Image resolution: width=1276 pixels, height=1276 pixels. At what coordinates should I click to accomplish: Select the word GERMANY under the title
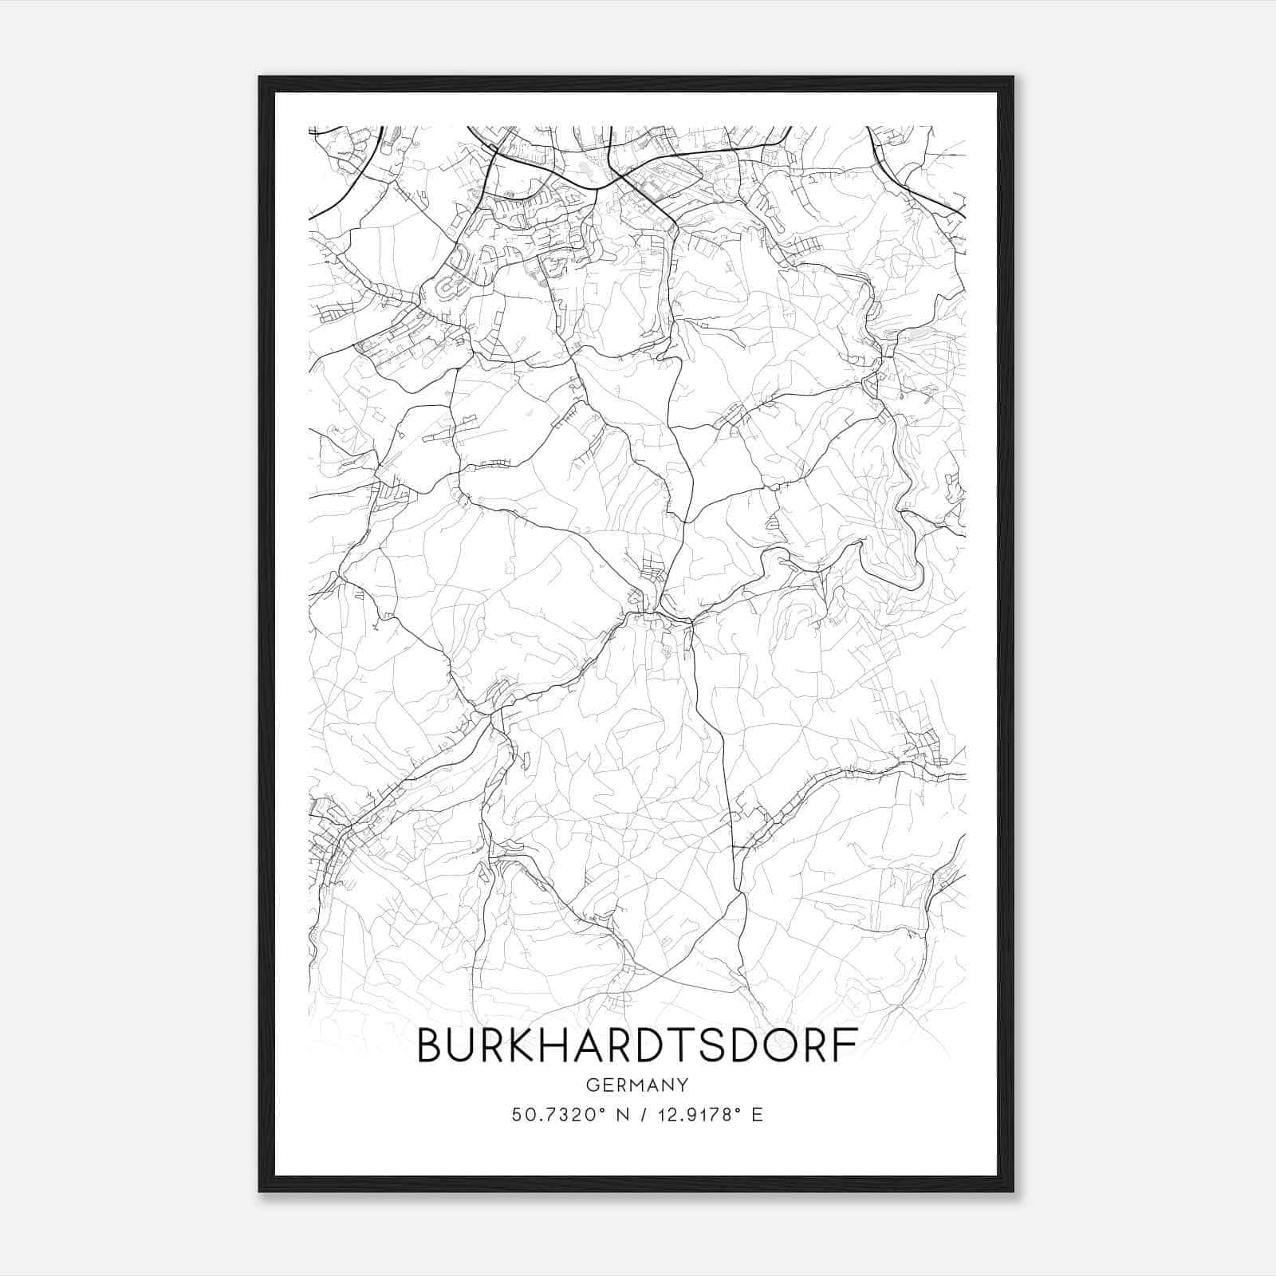(x=637, y=1085)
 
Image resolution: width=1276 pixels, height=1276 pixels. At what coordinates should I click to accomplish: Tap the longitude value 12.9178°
(x=692, y=1115)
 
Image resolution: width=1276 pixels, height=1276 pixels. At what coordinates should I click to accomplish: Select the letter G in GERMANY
(x=592, y=1085)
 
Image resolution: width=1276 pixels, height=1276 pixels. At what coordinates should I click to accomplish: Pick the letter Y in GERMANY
(x=683, y=1085)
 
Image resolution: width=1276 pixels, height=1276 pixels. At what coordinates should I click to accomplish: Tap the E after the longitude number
(x=757, y=1115)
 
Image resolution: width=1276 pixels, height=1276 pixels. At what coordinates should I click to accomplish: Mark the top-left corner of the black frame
(x=260, y=77)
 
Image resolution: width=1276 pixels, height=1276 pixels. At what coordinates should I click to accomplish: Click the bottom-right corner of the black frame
(x=1013, y=1191)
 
